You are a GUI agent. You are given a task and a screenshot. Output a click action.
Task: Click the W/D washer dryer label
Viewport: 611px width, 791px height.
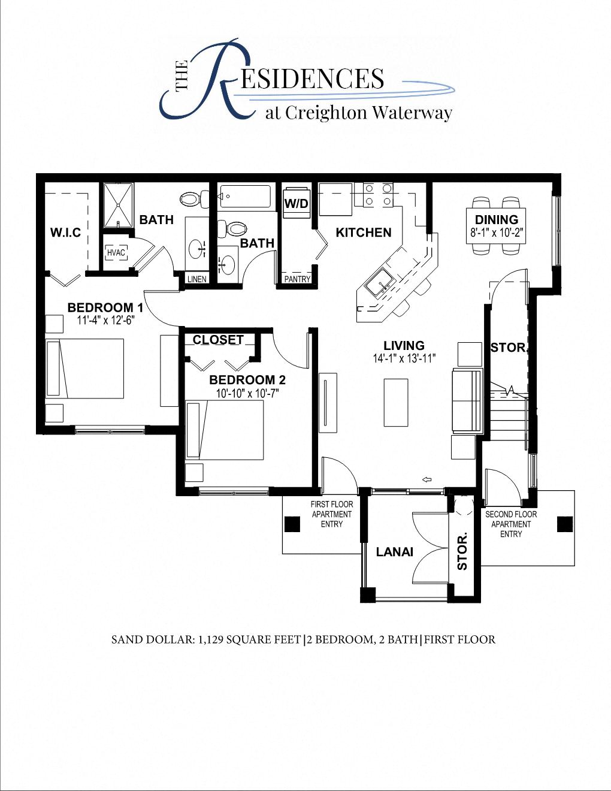[x=296, y=204]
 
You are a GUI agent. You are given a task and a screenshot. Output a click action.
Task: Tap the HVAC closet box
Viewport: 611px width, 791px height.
[x=116, y=252]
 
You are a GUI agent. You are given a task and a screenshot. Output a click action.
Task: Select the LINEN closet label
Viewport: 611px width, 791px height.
[x=196, y=279]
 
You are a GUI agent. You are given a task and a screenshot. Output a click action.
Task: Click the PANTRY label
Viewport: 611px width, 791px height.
[x=297, y=279]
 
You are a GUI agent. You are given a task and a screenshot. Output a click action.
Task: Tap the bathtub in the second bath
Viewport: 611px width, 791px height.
[x=245, y=197]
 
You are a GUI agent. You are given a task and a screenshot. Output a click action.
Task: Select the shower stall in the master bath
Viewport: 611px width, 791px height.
[x=117, y=205]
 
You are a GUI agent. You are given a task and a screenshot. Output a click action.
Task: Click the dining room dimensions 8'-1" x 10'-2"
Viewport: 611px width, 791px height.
[x=497, y=234]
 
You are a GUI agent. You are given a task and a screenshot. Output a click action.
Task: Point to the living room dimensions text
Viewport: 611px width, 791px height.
[x=404, y=358]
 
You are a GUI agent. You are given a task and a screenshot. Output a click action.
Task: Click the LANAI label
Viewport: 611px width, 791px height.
[x=395, y=552]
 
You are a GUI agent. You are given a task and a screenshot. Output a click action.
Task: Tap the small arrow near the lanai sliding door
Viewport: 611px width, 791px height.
[x=427, y=479]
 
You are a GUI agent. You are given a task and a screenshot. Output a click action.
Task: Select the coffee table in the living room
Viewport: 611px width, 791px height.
[x=395, y=402]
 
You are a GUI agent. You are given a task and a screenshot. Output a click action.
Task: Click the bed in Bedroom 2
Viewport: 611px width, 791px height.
[x=225, y=430]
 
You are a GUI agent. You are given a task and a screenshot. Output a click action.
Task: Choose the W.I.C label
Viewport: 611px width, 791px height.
[x=65, y=233]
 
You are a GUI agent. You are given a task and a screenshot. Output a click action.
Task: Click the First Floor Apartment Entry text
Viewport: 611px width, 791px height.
[x=332, y=514]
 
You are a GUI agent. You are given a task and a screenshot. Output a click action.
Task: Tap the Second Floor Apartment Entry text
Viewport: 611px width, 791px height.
[x=511, y=524]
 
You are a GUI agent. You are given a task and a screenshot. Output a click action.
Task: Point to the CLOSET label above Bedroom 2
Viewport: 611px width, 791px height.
[x=218, y=340]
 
